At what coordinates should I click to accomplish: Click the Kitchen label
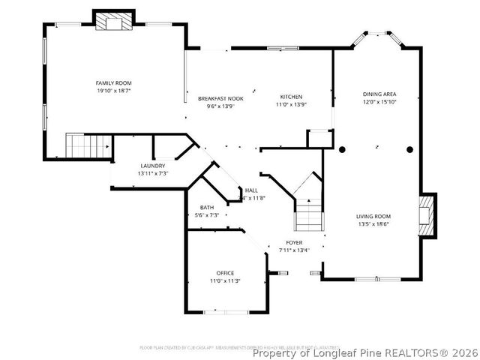coord(291,97)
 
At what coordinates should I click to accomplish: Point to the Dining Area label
coord(374,94)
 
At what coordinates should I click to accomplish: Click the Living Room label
coord(373,216)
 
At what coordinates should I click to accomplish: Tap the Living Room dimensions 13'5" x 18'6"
coord(373,223)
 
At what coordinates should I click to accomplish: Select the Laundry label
coord(152,166)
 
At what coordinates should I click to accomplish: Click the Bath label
coord(207,208)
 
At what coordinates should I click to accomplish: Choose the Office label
coord(225,273)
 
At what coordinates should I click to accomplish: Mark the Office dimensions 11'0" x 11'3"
coord(225,280)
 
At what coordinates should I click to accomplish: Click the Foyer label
coord(294,243)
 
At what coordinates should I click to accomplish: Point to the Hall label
coord(252,190)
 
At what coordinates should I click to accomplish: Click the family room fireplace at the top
coord(113,22)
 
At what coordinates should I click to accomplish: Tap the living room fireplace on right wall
coord(427,215)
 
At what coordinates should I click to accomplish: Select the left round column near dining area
coord(342,149)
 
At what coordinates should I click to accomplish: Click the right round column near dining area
coord(409,149)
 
